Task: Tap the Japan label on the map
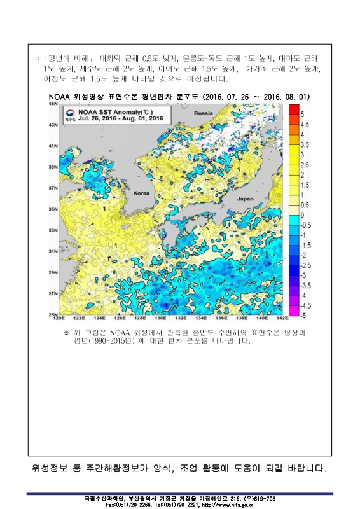pyautogui.click(x=245, y=199)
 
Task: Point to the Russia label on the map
pyautogui.click(x=204, y=113)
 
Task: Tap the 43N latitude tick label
pyautogui.click(x=53, y=125)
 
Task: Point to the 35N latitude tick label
pyautogui.click(x=53, y=209)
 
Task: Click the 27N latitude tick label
pyautogui.click(x=53, y=294)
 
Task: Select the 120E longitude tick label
pyautogui.click(x=59, y=318)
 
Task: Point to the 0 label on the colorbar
pyautogui.click(x=302, y=215)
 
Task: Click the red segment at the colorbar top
pyautogui.click(x=294, y=109)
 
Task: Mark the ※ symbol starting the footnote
pyautogui.click(x=66, y=332)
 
